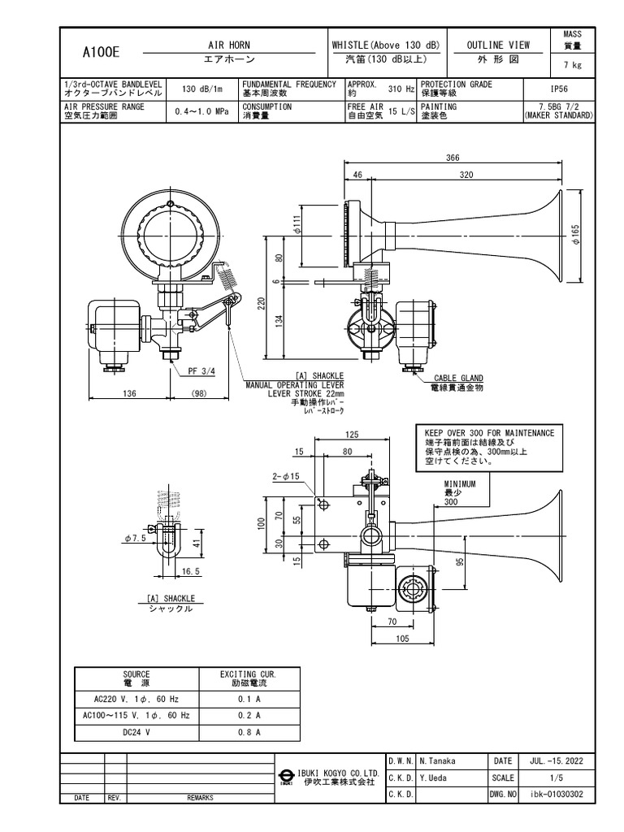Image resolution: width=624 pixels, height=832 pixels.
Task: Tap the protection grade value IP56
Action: (x=560, y=89)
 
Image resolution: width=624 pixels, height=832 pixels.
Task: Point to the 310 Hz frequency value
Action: (x=401, y=89)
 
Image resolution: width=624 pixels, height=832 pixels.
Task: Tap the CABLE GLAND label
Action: (x=457, y=378)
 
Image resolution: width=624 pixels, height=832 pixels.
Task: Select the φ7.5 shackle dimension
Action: (x=134, y=538)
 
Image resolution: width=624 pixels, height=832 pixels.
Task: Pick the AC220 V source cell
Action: (x=136, y=698)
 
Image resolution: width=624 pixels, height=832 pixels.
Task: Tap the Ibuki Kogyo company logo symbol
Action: (x=287, y=777)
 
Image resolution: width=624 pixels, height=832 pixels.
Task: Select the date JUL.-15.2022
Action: (x=554, y=761)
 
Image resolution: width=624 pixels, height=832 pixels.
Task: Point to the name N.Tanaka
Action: (x=439, y=761)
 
